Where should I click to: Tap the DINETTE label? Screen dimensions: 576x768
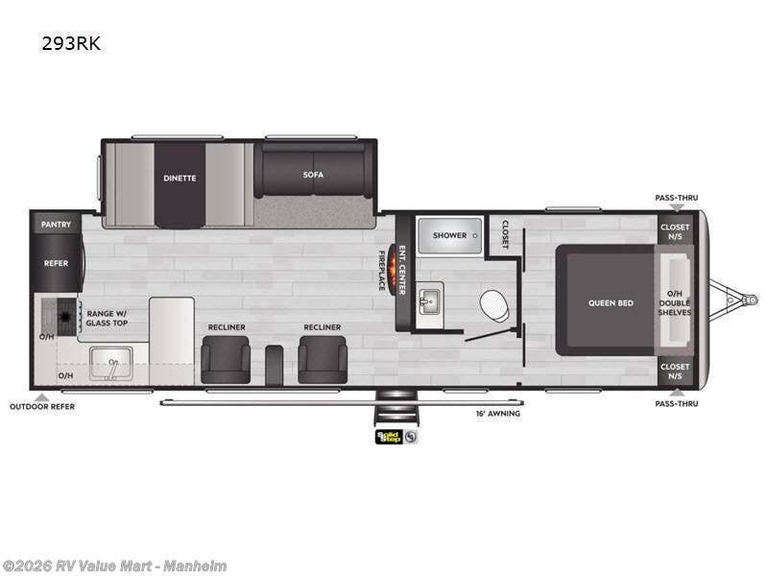(180, 178)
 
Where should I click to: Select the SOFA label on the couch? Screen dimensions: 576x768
(314, 175)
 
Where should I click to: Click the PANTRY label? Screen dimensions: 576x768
(56, 225)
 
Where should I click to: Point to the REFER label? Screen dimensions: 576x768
(56, 262)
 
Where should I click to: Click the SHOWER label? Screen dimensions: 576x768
(449, 235)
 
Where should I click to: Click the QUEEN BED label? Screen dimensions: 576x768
(612, 303)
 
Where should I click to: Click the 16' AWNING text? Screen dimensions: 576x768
(498, 413)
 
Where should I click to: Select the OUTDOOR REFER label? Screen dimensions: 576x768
(42, 406)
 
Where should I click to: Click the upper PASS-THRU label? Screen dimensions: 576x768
(677, 198)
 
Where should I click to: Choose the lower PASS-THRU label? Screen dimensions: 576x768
(677, 403)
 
